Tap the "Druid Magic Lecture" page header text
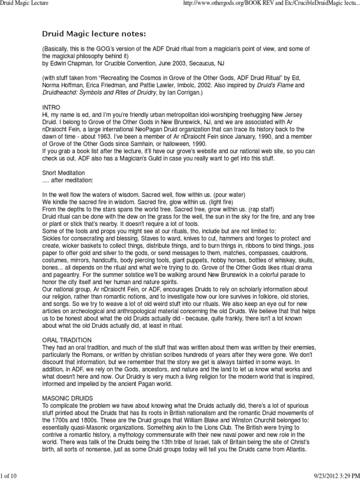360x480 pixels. [x=24, y=4]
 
